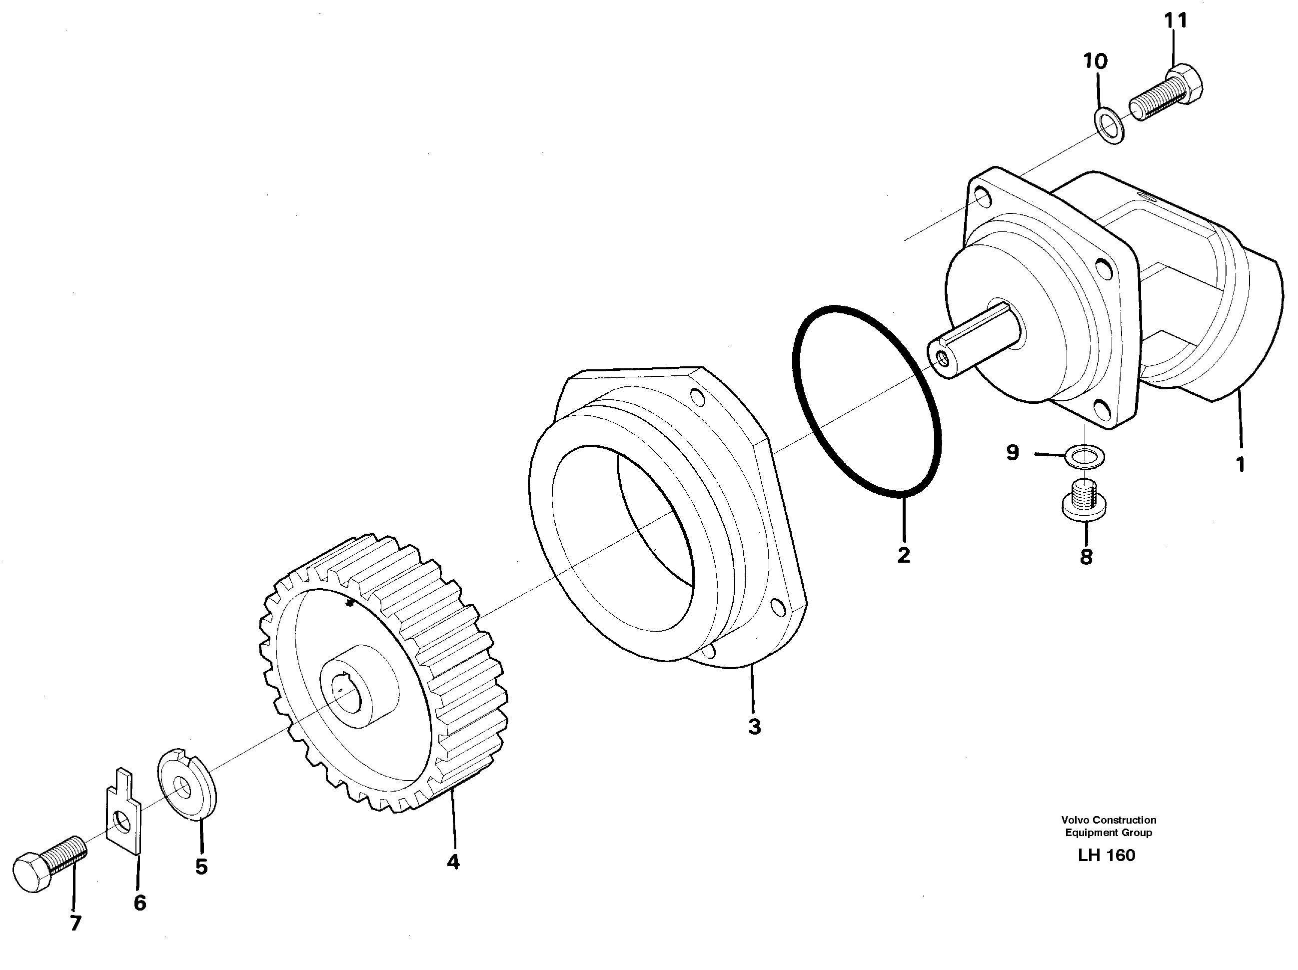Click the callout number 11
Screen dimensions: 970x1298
[1176, 21]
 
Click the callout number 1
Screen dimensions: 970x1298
[1240, 465]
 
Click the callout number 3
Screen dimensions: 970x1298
[755, 727]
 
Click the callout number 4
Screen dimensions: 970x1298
[453, 862]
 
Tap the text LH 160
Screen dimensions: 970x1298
[1106, 855]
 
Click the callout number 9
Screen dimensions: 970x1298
[1013, 452]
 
